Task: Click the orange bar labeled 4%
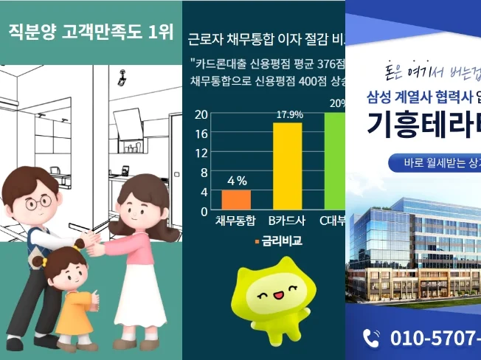(x=236, y=200)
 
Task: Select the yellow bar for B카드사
(x=287, y=166)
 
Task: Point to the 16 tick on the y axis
(x=200, y=134)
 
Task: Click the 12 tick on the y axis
(x=200, y=153)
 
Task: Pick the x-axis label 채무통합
(x=235, y=221)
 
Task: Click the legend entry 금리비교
(x=281, y=240)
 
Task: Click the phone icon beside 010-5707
(x=372, y=338)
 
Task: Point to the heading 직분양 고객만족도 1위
(x=93, y=32)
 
